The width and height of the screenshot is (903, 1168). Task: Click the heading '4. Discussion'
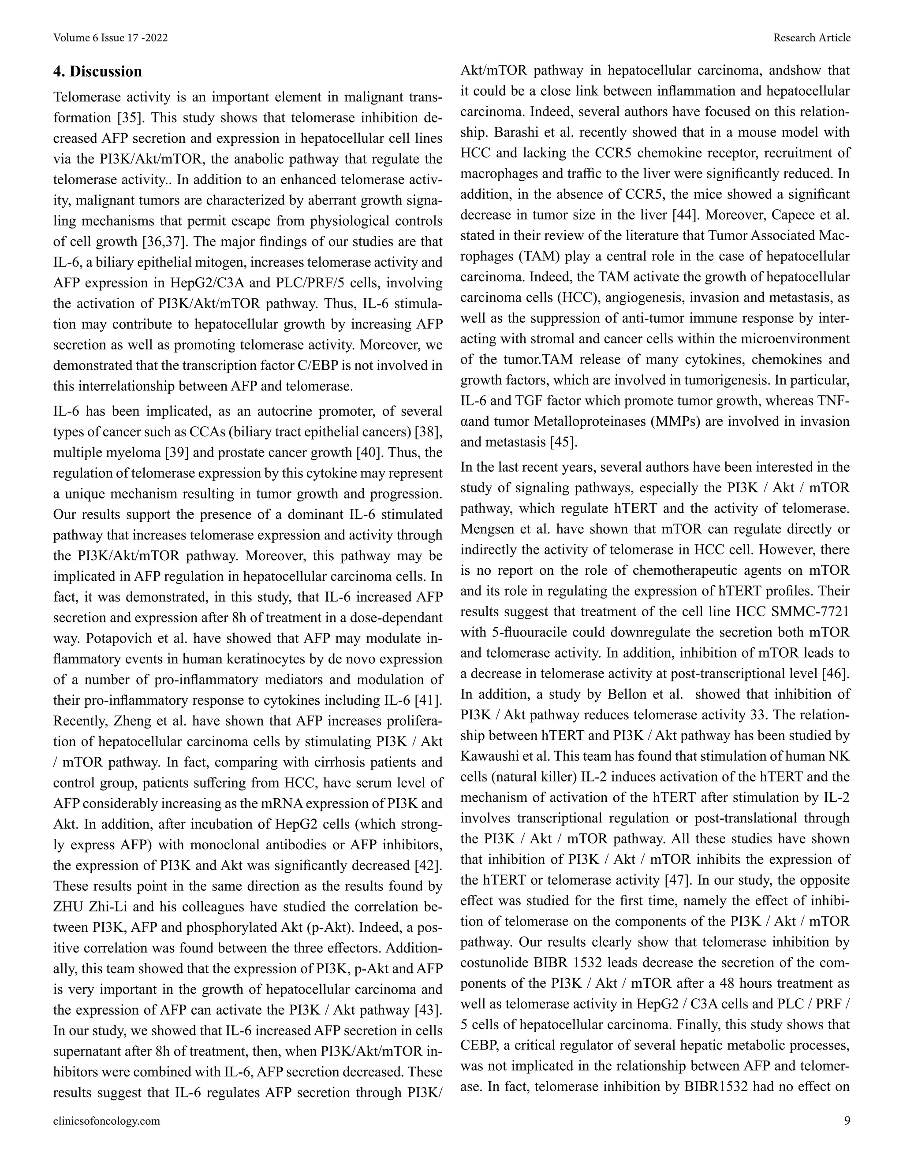pyautogui.click(x=98, y=71)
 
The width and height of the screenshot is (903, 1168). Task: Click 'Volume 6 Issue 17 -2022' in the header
pyautogui.click(x=111, y=37)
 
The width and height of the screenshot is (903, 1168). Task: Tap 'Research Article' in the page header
pyautogui.click(x=812, y=37)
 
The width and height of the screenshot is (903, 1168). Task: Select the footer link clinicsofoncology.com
pyautogui.click(x=106, y=1121)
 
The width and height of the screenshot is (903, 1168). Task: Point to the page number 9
pyautogui.click(x=847, y=1121)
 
